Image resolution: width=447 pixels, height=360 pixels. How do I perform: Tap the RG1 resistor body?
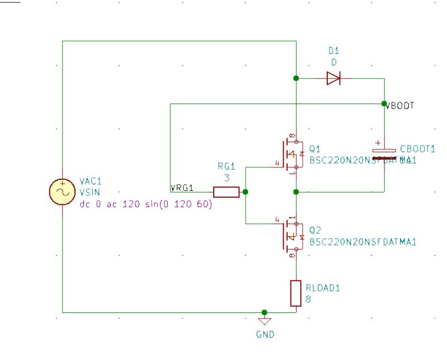coord(227,192)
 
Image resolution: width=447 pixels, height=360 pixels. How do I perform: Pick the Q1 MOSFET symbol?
coord(289,153)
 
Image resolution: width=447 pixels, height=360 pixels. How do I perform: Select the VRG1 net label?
coord(182,187)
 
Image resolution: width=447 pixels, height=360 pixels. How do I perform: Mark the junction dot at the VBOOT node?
coord(384,104)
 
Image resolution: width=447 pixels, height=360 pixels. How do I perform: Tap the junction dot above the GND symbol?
coord(265,312)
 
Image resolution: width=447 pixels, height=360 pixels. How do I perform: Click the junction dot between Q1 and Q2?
coord(296,192)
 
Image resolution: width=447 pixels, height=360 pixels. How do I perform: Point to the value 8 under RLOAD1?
coord(308,299)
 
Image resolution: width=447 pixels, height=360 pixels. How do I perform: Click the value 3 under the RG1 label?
coord(227,177)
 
